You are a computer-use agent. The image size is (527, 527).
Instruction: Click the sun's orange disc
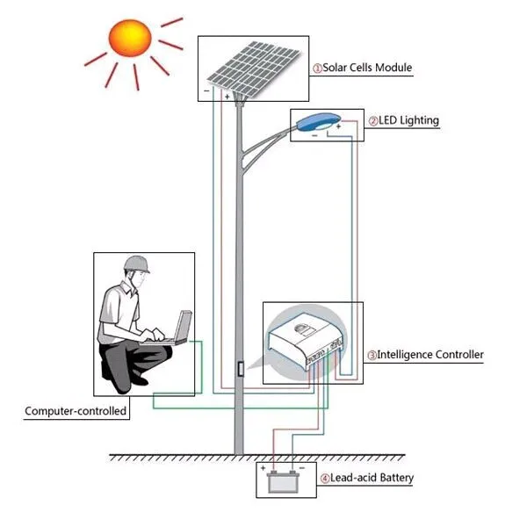coord(130,38)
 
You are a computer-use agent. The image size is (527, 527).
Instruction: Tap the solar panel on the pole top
coord(253,69)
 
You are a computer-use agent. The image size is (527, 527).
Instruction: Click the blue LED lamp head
coord(318,121)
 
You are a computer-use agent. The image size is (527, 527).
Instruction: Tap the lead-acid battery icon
coord(283,482)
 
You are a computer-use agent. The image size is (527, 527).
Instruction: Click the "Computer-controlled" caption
coord(76,411)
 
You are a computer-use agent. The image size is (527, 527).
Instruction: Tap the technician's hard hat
coord(136,264)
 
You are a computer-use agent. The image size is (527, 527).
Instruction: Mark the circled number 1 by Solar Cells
coord(317,69)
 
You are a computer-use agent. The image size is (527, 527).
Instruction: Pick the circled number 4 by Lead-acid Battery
coord(325,479)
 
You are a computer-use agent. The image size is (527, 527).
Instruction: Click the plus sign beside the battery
coord(263,468)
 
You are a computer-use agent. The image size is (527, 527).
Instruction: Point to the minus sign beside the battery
coord(302,468)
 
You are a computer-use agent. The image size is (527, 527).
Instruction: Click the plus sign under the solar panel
coord(227,97)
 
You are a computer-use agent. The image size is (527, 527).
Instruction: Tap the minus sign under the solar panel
coord(206,90)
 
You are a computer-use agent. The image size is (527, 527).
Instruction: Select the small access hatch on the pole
coord(241,369)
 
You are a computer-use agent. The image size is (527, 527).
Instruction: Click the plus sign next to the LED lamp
coord(338,126)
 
